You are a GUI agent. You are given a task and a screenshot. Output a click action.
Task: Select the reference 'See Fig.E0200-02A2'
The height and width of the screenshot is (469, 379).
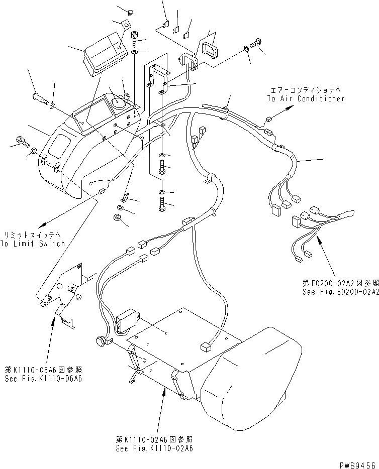[x=340, y=291]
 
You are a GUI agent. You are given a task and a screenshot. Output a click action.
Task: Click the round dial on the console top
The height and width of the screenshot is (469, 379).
[x=119, y=103]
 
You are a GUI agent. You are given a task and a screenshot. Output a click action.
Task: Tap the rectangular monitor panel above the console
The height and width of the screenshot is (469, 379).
[x=104, y=49]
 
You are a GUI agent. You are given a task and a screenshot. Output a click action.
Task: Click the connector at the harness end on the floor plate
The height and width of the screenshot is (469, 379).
[x=206, y=346]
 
